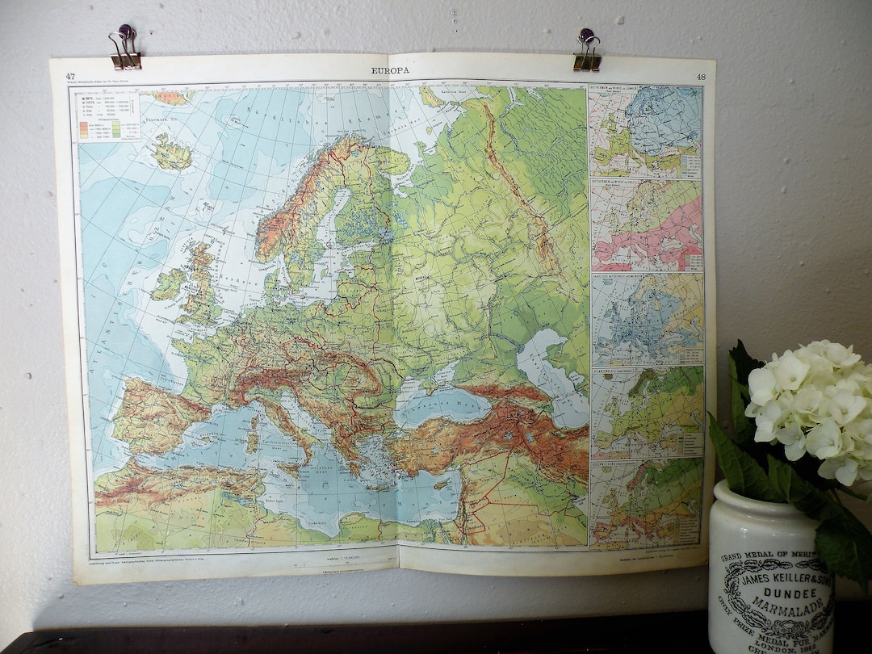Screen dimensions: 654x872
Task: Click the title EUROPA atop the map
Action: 390,70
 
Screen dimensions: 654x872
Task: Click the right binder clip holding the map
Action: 587,50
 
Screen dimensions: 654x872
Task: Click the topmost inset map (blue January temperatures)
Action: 646,132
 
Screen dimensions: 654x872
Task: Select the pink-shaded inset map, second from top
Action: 646,225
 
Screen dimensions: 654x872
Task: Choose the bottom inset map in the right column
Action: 646,503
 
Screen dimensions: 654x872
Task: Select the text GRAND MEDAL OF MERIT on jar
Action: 767,558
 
